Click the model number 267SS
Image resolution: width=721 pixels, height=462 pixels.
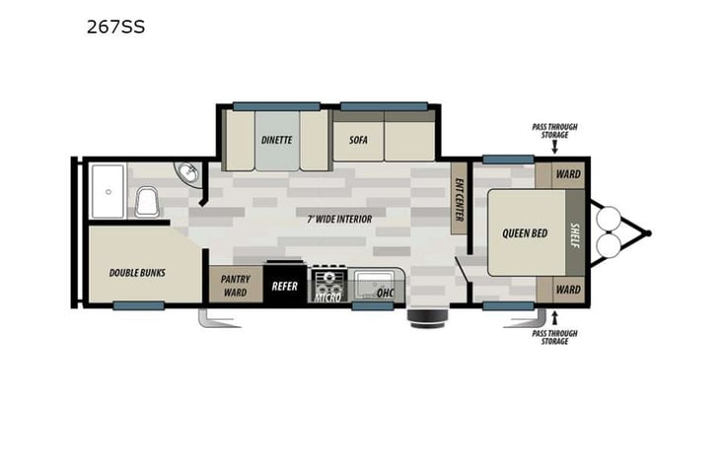pos(115,27)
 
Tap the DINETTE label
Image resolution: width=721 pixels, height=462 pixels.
pos(276,139)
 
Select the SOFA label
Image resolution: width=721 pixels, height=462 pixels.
pos(358,139)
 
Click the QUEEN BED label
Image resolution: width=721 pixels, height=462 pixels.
pos(525,233)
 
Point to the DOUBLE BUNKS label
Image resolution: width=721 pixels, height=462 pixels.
pos(137,272)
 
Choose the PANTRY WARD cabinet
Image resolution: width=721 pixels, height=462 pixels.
pos(235,286)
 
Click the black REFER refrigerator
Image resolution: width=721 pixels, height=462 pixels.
pos(286,286)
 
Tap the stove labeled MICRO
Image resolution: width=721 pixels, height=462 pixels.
pos(327,286)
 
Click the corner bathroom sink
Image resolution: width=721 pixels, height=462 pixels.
pos(188,175)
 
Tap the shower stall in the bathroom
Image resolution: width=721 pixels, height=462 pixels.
pos(107,190)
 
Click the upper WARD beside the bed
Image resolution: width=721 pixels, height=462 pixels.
pos(567,174)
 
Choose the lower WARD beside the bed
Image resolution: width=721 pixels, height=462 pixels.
pos(567,290)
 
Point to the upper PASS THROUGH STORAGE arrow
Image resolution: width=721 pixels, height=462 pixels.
pos(554,148)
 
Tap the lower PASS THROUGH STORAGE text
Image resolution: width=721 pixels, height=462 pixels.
pos(554,334)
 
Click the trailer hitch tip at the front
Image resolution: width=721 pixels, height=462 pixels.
pos(648,233)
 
